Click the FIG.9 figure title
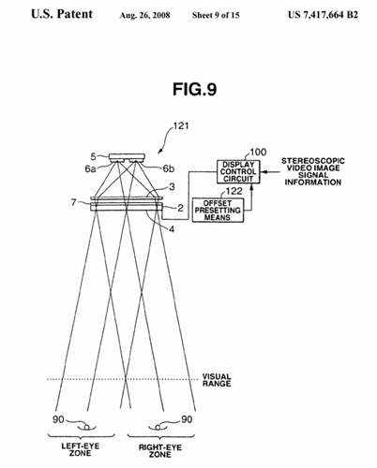tap(194, 89)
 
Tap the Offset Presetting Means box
tap(218, 211)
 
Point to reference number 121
tap(181, 125)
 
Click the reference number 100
tap(258, 152)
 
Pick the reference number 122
tap(234, 191)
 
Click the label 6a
tap(90, 168)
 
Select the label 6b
tap(169, 168)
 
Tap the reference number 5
tap(94, 156)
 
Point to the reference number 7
tap(73, 203)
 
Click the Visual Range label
tap(217, 380)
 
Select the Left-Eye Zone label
tap(81, 449)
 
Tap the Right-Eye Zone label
tap(160, 451)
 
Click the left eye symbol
tap(86, 427)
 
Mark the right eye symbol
tap(158, 427)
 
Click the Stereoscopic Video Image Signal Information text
tap(313, 171)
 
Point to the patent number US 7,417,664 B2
tap(323, 15)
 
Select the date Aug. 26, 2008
tap(144, 15)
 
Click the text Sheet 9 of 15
tap(216, 15)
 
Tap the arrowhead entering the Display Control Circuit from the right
tap(264, 171)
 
